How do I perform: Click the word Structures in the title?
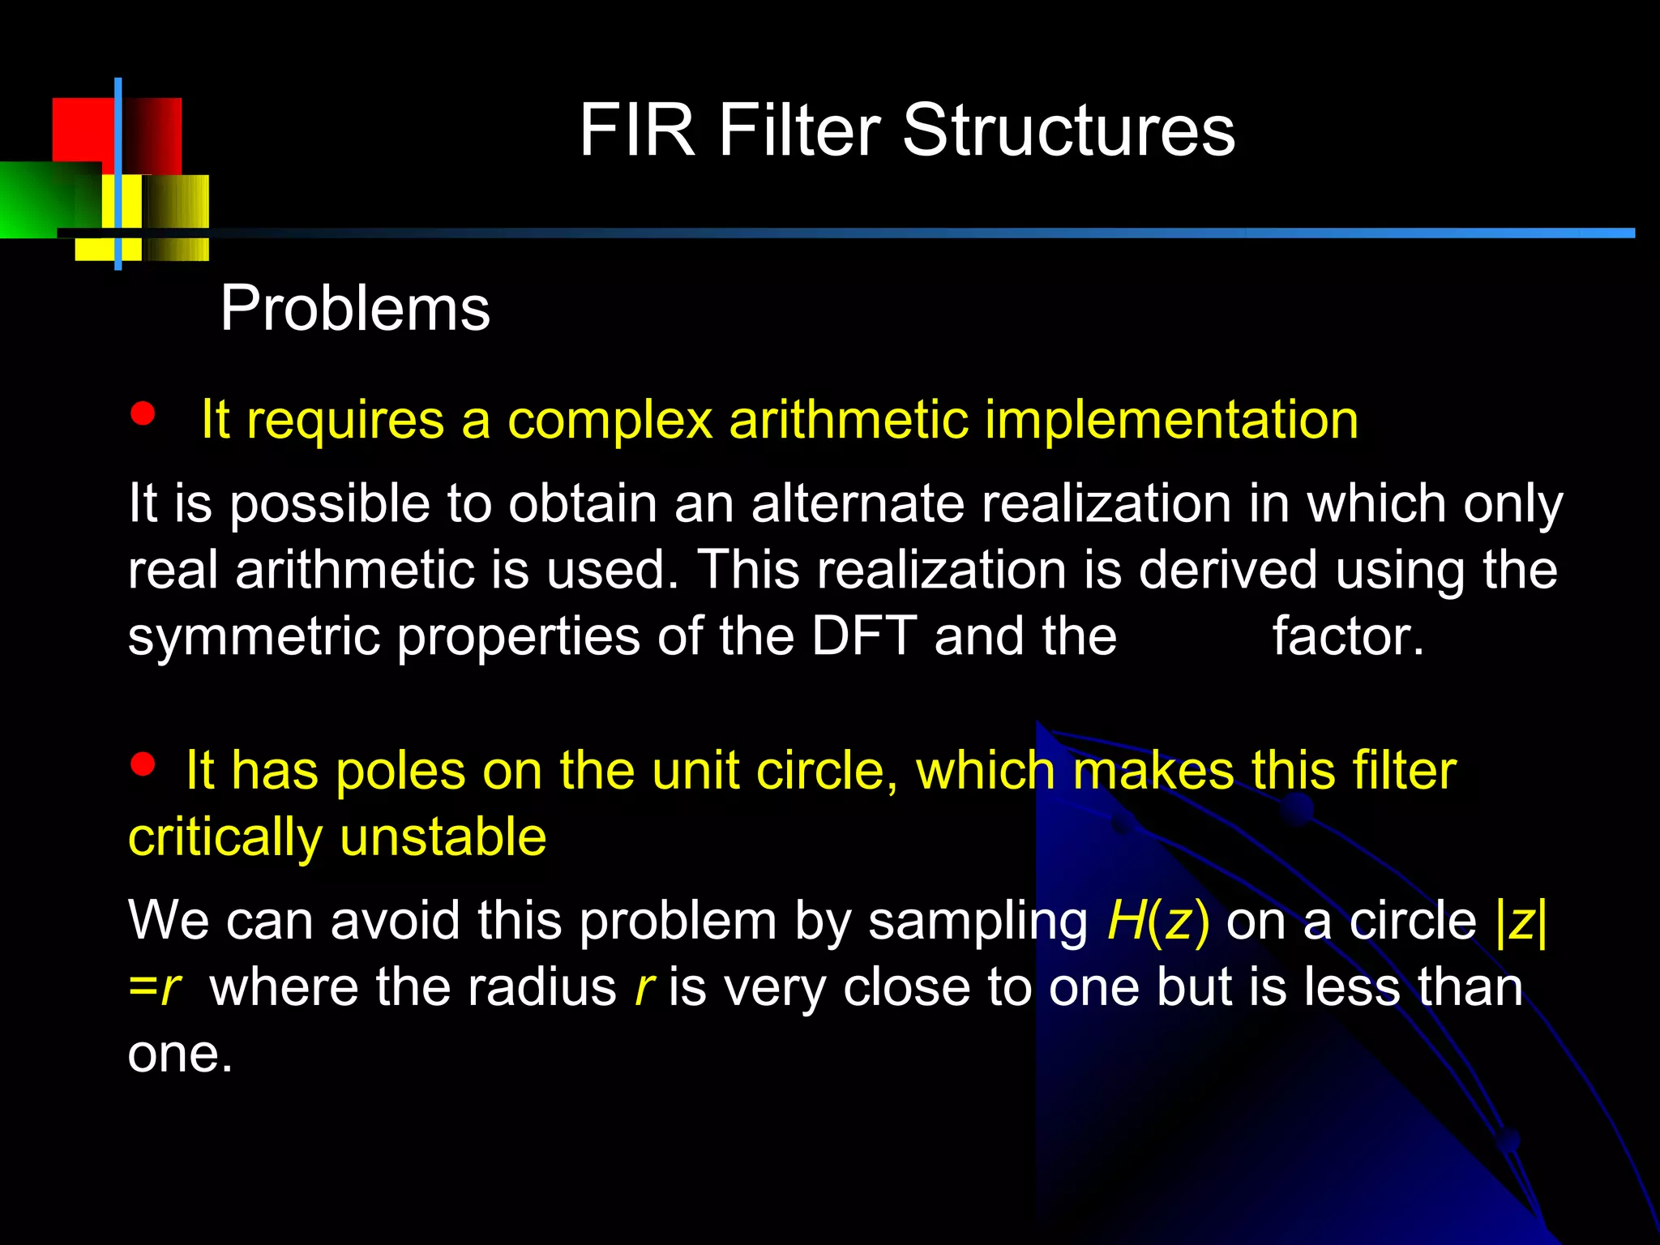coord(1068,131)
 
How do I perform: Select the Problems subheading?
coord(355,309)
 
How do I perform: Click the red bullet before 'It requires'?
coord(143,414)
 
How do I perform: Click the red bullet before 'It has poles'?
coord(143,764)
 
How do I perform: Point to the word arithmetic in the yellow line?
coord(849,420)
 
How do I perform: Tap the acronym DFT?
coord(864,636)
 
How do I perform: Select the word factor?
coord(1347,636)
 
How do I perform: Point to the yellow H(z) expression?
coord(1158,922)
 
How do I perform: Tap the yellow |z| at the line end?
coord(1521,922)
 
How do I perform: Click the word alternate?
coord(857,504)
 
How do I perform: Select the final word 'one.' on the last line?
coord(180,1055)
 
